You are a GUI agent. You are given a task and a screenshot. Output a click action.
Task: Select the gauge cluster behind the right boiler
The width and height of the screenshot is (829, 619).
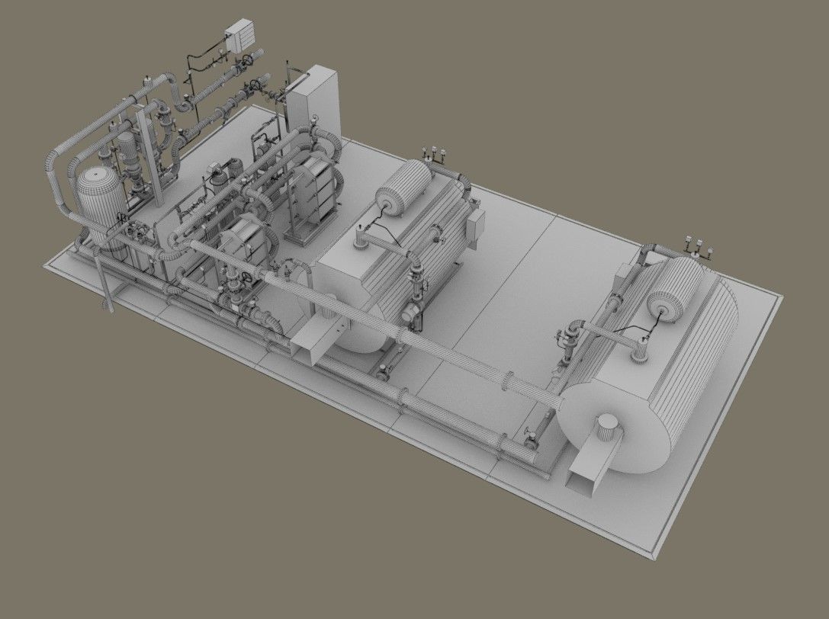(x=699, y=246)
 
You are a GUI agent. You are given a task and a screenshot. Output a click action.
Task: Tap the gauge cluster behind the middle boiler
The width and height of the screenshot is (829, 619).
(x=435, y=152)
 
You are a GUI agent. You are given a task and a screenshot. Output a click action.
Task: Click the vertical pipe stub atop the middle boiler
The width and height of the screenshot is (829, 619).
(x=359, y=244)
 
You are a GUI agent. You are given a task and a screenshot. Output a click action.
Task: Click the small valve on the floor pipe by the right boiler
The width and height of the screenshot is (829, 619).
(x=532, y=438)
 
